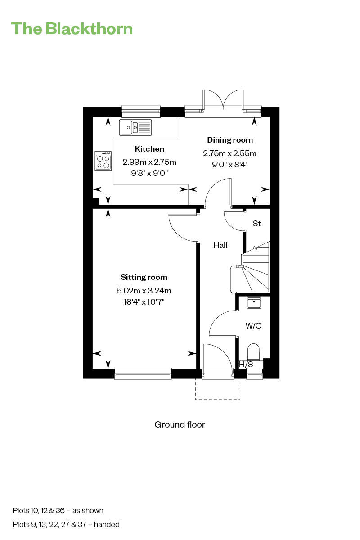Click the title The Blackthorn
(72, 28)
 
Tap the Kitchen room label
(149, 149)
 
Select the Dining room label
(229, 140)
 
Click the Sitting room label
(144, 277)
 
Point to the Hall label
(220, 245)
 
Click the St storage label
(257, 224)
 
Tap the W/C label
(253, 326)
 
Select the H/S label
(246, 364)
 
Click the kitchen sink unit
(135, 128)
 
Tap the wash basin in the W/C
(254, 303)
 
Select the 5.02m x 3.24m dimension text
(144, 290)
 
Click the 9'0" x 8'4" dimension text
(229, 164)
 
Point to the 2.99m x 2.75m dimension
(149, 162)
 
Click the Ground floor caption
(180, 424)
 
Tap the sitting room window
(143, 373)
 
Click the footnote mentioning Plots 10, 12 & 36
(58, 510)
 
